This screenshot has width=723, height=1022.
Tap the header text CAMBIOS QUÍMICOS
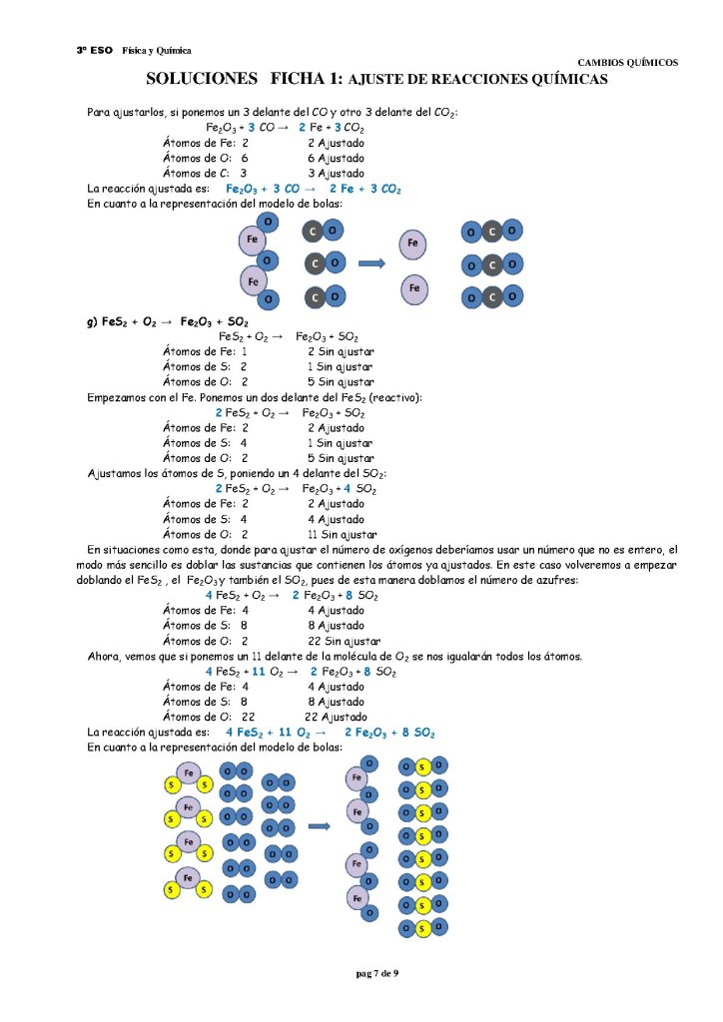(x=628, y=62)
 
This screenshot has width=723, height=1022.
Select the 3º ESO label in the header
(x=93, y=50)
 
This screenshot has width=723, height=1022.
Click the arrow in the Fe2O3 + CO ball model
(x=371, y=263)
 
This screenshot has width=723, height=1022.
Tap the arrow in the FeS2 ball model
(x=320, y=826)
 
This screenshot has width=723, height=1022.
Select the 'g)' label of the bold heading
(x=93, y=322)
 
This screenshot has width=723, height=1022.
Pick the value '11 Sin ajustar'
(x=341, y=534)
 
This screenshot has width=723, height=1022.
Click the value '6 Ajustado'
(x=336, y=158)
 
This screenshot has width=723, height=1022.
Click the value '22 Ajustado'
(x=336, y=717)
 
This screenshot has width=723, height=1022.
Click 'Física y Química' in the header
(x=156, y=50)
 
